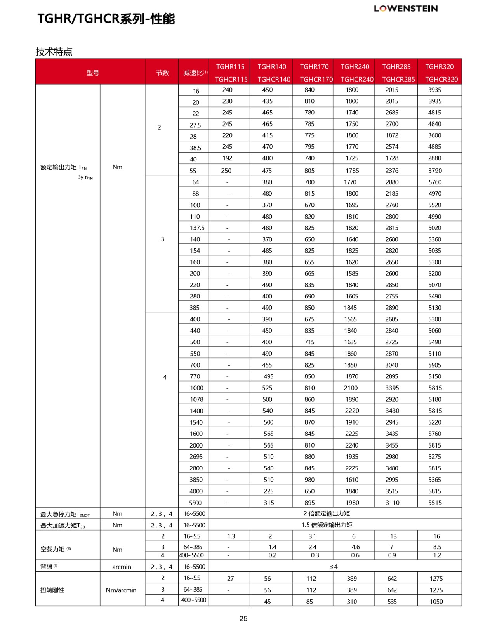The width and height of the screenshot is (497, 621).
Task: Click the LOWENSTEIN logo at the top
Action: (x=406, y=9)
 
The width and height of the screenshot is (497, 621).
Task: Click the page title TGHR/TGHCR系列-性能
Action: (x=106, y=19)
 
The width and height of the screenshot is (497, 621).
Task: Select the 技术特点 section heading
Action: (x=54, y=52)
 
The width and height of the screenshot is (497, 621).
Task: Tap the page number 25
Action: (x=243, y=618)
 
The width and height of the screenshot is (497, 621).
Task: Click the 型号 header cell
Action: (x=93, y=73)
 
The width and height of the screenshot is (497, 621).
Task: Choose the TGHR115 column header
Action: (x=230, y=67)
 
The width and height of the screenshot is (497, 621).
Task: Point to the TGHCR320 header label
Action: (x=441, y=79)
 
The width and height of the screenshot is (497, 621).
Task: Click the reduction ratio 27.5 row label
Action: (x=195, y=125)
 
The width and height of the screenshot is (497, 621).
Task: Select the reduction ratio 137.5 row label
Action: (x=197, y=228)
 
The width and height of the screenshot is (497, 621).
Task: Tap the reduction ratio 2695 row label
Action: (x=196, y=457)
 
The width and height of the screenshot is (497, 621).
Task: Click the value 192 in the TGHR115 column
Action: (x=228, y=158)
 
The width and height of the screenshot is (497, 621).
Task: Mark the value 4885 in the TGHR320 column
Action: (x=435, y=147)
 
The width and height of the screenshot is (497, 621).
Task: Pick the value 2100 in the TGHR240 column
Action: (x=350, y=388)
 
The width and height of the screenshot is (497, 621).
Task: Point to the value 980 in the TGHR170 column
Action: (x=309, y=480)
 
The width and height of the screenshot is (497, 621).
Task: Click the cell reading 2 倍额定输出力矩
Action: (x=327, y=513)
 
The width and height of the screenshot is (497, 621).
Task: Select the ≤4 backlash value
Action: (x=334, y=567)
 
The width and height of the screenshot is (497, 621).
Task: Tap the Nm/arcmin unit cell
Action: (x=121, y=590)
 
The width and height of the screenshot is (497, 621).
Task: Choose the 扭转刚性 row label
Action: (x=52, y=590)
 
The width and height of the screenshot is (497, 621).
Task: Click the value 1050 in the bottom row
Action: (x=436, y=602)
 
